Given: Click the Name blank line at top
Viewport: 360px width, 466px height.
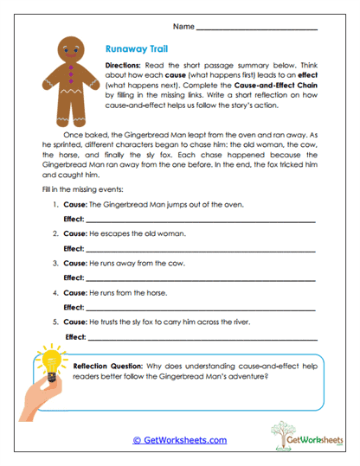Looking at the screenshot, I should coord(257,29).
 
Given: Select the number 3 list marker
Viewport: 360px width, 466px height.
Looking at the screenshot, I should coord(55,264).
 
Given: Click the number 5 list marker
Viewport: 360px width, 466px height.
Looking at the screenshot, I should coord(55,322).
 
